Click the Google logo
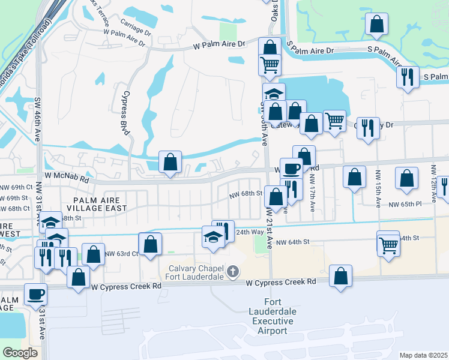[x=20, y=353]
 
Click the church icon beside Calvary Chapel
[x=233, y=272]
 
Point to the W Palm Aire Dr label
[x=219, y=44]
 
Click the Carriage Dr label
[x=135, y=28]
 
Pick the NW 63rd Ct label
[x=121, y=253]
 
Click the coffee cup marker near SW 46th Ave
[x=35, y=294]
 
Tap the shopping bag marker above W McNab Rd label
[x=170, y=161]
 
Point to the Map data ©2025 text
[x=423, y=355]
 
